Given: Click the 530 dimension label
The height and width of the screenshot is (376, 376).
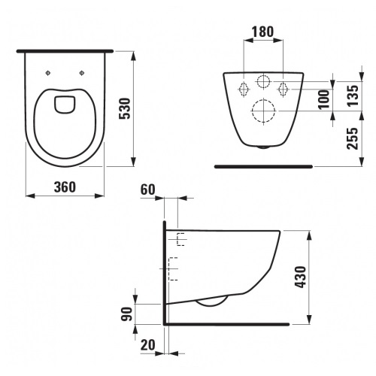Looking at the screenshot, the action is (125, 108).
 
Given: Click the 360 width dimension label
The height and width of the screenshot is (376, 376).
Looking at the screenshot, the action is (65, 187).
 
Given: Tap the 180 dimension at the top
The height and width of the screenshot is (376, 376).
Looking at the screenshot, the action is (262, 32).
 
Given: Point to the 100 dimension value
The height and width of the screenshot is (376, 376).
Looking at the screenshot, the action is (323, 99).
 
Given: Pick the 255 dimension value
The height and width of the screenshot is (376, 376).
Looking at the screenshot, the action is (353, 138).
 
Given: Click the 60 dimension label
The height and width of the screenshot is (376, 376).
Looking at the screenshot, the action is (148, 190).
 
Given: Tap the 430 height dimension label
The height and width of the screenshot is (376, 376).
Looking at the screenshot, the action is (300, 277).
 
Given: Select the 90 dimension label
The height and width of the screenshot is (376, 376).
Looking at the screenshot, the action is (127, 314).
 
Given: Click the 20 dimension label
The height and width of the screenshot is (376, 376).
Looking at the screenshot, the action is (148, 345).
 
